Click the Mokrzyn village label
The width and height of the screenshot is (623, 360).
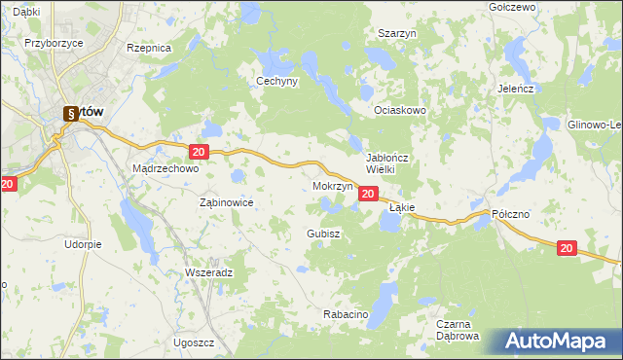tap(333, 185)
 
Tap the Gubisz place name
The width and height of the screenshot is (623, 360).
tap(322, 234)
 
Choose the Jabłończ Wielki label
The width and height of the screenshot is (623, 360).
tap(392, 162)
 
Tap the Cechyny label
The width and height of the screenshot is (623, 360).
tap(275, 82)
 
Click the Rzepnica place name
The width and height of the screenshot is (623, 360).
tap(149, 47)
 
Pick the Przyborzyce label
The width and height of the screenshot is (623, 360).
tap(52, 43)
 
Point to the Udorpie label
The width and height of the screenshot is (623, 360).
tap(83, 244)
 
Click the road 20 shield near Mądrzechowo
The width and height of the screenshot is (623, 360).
tap(199, 152)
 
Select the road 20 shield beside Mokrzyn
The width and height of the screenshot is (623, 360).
tap(367, 195)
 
